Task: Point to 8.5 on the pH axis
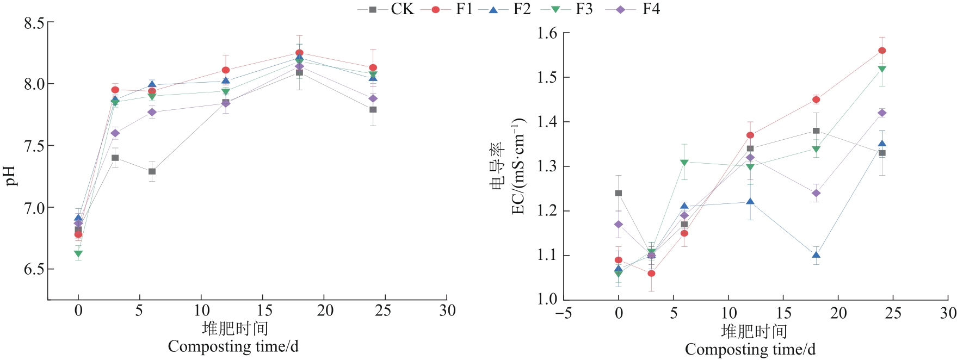click(34, 23)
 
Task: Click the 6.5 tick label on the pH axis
click(34, 270)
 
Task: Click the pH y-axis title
click(11, 176)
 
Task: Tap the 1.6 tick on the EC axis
click(547, 34)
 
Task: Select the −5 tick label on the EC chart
click(563, 313)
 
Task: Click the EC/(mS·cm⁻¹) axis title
click(518, 166)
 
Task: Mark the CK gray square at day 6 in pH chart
click(152, 171)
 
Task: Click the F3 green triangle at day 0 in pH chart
click(78, 254)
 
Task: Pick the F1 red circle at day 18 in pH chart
click(299, 53)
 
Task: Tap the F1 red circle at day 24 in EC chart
click(882, 51)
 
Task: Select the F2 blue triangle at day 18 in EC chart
click(816, 255)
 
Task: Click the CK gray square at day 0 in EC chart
click(619, 193)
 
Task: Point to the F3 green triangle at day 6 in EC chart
click(684, 163)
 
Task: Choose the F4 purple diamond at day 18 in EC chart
click(816, 193)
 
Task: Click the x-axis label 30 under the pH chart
click(447, 311)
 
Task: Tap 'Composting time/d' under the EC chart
click(750, 349)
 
